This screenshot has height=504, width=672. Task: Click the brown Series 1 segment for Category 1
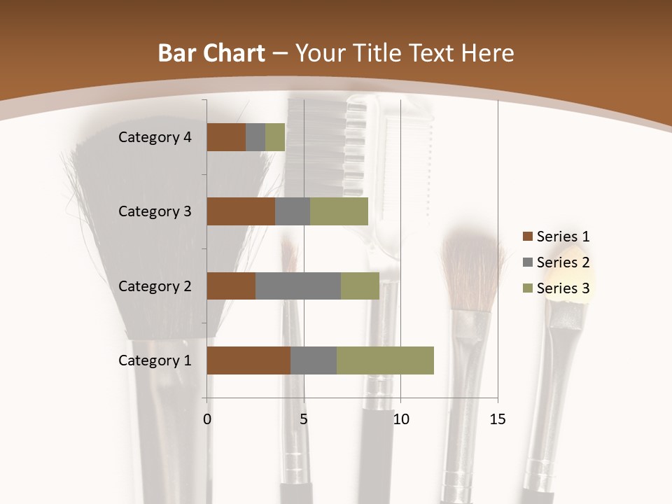tap(248, 360)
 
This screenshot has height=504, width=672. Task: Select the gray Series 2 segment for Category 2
tap(298, 286)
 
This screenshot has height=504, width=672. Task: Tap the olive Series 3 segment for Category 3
tap(339, 211)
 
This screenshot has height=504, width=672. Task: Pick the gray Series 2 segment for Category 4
tap(255, 137)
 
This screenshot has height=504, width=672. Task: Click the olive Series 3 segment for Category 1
tap(385, 360)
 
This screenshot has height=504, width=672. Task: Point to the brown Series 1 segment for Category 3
tap(241, 211)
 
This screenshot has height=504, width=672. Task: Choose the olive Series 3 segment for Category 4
tap(275, 137)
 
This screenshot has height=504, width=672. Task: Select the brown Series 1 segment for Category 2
tap(231, 286)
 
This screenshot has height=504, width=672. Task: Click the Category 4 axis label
tap(155, 137)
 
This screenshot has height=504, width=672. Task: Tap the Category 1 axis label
tap(155, 360)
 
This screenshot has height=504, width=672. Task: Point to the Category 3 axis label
tap(155, 211)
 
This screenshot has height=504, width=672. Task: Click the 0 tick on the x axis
tap(207, 419)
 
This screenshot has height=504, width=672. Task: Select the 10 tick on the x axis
tap(400, 419)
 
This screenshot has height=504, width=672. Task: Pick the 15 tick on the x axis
tap(498, 419)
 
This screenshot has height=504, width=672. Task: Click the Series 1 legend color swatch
tap(527, 237)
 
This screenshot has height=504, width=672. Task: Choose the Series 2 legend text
tap(563, 262)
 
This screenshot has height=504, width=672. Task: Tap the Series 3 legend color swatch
tap(527, 288)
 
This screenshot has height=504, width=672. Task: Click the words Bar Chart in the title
tap(211, 53)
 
